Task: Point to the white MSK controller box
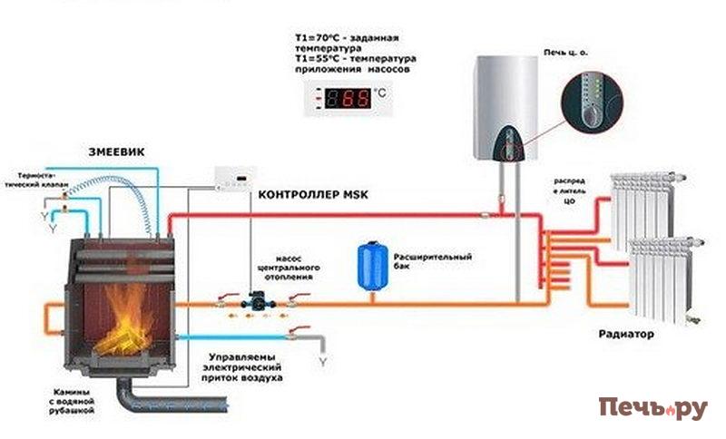coord(235,179)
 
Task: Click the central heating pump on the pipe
coord(256,298)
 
